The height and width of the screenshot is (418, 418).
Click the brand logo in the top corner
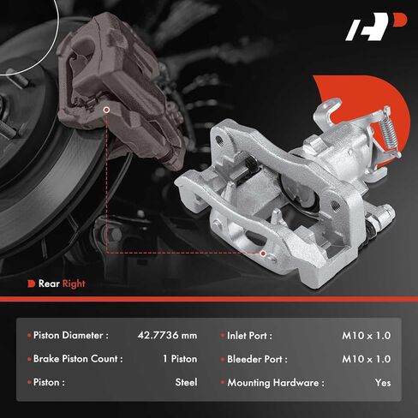click(x=376, y=27)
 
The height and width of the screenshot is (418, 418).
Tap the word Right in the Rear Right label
click(x=74, y=284)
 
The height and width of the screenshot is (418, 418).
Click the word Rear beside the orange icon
click(x=49, y=284)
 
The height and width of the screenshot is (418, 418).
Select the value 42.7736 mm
click(x=167, y=335)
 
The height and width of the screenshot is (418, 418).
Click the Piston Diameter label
click(x=71, y=335)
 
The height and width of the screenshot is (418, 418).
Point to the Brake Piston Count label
click(x=78, y=359)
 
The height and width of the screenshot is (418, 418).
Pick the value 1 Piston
click(x=180, y=359)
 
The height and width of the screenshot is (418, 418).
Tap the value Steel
click(x=186, y=382)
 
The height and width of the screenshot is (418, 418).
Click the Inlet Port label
click(x=249, y=336)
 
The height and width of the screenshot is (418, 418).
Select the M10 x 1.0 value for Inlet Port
click(x=367, y=336)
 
